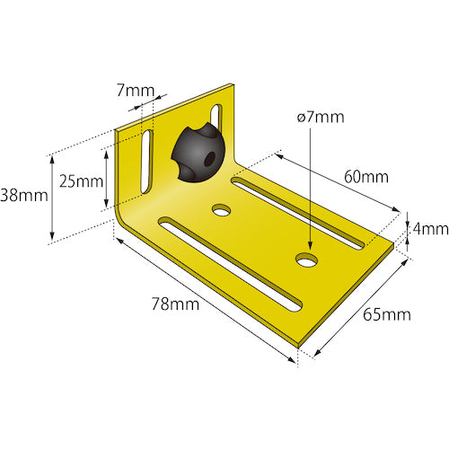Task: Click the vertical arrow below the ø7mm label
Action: pyautogui.click(x=308, y=189)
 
